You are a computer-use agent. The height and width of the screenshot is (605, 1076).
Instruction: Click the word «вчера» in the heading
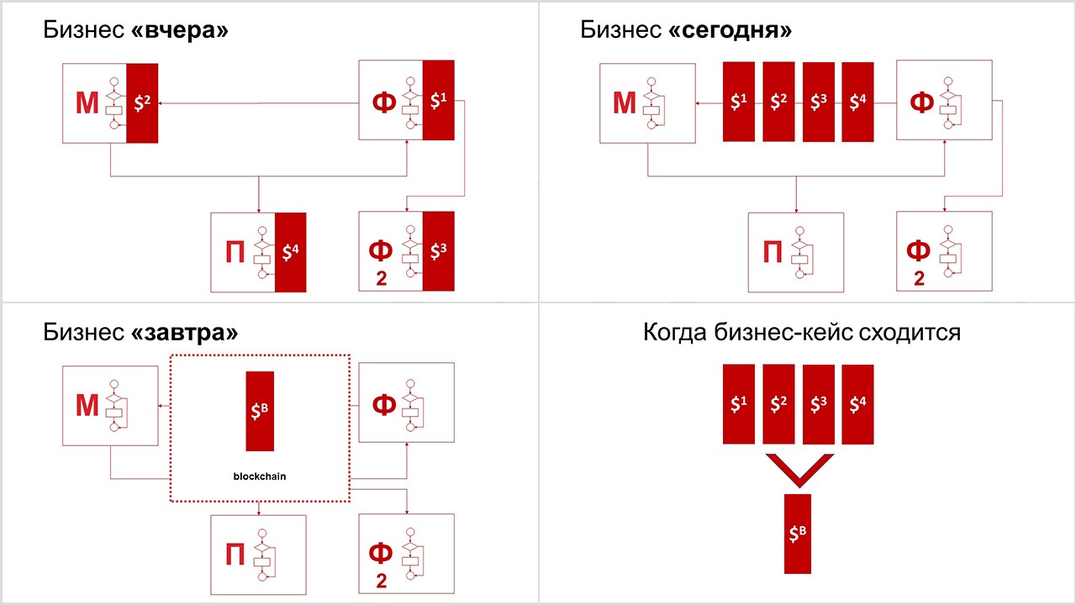181,30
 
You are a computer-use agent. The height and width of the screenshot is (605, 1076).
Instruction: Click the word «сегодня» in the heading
731,30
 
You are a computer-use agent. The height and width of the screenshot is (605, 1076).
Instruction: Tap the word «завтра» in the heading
185,332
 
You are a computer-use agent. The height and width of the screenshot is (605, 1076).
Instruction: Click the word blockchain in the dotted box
260,476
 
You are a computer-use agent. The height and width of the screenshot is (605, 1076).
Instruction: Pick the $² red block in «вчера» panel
142,103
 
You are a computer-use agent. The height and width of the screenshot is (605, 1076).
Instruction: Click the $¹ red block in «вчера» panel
438,100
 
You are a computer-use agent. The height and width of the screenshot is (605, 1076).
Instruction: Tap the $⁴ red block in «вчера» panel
290,252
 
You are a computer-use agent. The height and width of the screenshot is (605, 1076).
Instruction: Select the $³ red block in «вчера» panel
438,251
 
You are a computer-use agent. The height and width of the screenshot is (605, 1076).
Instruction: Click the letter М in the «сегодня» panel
624,103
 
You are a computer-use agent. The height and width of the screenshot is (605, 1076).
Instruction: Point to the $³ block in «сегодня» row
818,102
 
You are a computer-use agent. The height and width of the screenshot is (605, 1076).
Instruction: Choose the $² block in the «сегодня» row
778,102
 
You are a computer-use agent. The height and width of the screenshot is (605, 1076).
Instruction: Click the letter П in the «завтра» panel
235,554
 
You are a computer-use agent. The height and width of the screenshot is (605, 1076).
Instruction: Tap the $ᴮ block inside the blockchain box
260,411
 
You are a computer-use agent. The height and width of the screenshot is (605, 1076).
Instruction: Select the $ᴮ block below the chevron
798,534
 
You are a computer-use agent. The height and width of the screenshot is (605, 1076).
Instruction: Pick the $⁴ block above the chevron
857,404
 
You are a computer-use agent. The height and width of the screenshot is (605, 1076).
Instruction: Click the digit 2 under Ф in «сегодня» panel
919,278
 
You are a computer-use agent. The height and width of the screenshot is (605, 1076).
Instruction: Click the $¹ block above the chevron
739,404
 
